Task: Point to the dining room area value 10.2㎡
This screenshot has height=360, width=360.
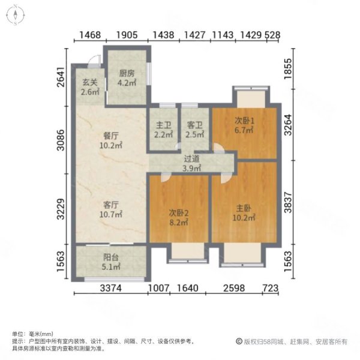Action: click(x=111, y=145)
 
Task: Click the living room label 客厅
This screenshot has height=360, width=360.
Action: click(x=111, y=205)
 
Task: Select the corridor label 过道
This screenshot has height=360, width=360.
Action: click(x=191, y=159)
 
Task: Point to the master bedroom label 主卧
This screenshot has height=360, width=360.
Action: click(x=244, y=209)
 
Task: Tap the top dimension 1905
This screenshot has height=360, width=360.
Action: click(x=127, y=35)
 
